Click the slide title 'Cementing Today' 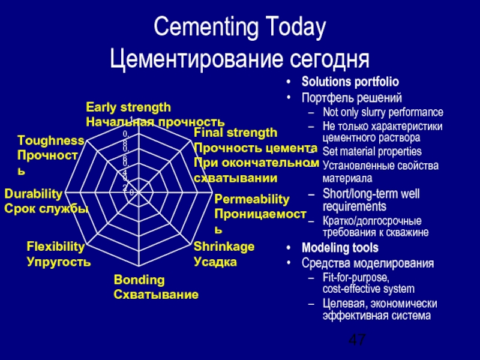point(239,28)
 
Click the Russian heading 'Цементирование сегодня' point(239,59)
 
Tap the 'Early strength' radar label point(128,107)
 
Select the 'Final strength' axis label point(236,133)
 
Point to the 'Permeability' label point(251,199)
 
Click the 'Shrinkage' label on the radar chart point(224,247)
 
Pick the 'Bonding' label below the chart point(139,280)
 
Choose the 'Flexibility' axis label point(55,247)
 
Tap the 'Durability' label point(34,194)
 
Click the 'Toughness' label point(50,140)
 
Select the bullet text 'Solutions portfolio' point(350,82)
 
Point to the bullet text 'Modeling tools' point(340,248)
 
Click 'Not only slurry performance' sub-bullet point(383,112)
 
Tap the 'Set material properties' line point(372,152)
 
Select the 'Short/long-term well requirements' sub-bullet point(371,200)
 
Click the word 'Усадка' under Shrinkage point(215,262)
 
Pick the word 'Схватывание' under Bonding point(156,295)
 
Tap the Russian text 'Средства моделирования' point(368,263)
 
